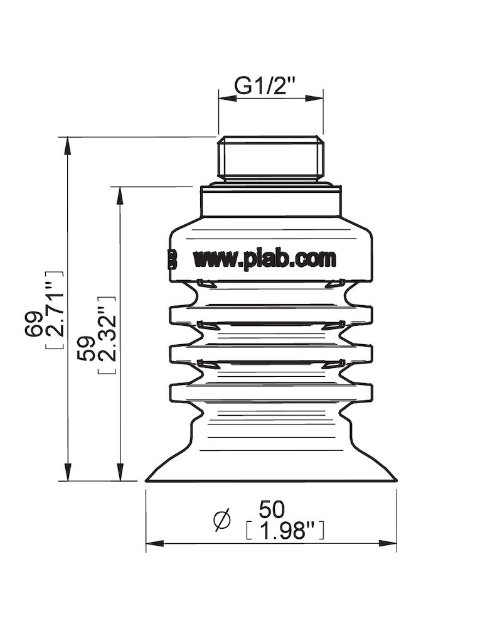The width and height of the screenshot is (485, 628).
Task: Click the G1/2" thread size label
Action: (264, 85)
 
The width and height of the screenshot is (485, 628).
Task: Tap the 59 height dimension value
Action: (86, 347)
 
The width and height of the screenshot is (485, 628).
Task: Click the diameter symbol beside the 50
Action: (222, 520)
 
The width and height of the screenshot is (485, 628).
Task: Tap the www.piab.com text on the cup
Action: (264, 258)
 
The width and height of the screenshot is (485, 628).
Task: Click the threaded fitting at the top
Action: (270, 158)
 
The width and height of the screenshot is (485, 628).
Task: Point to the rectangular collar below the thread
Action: (270, 201)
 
